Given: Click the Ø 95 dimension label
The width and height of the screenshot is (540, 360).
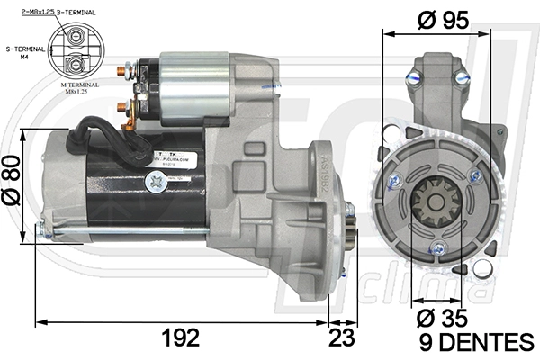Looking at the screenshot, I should [444, 20].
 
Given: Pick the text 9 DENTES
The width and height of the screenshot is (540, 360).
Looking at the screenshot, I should [476, 342].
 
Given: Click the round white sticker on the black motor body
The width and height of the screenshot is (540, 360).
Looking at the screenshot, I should [154, 181].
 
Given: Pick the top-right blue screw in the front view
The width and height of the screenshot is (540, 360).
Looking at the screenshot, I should [463, 78].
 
